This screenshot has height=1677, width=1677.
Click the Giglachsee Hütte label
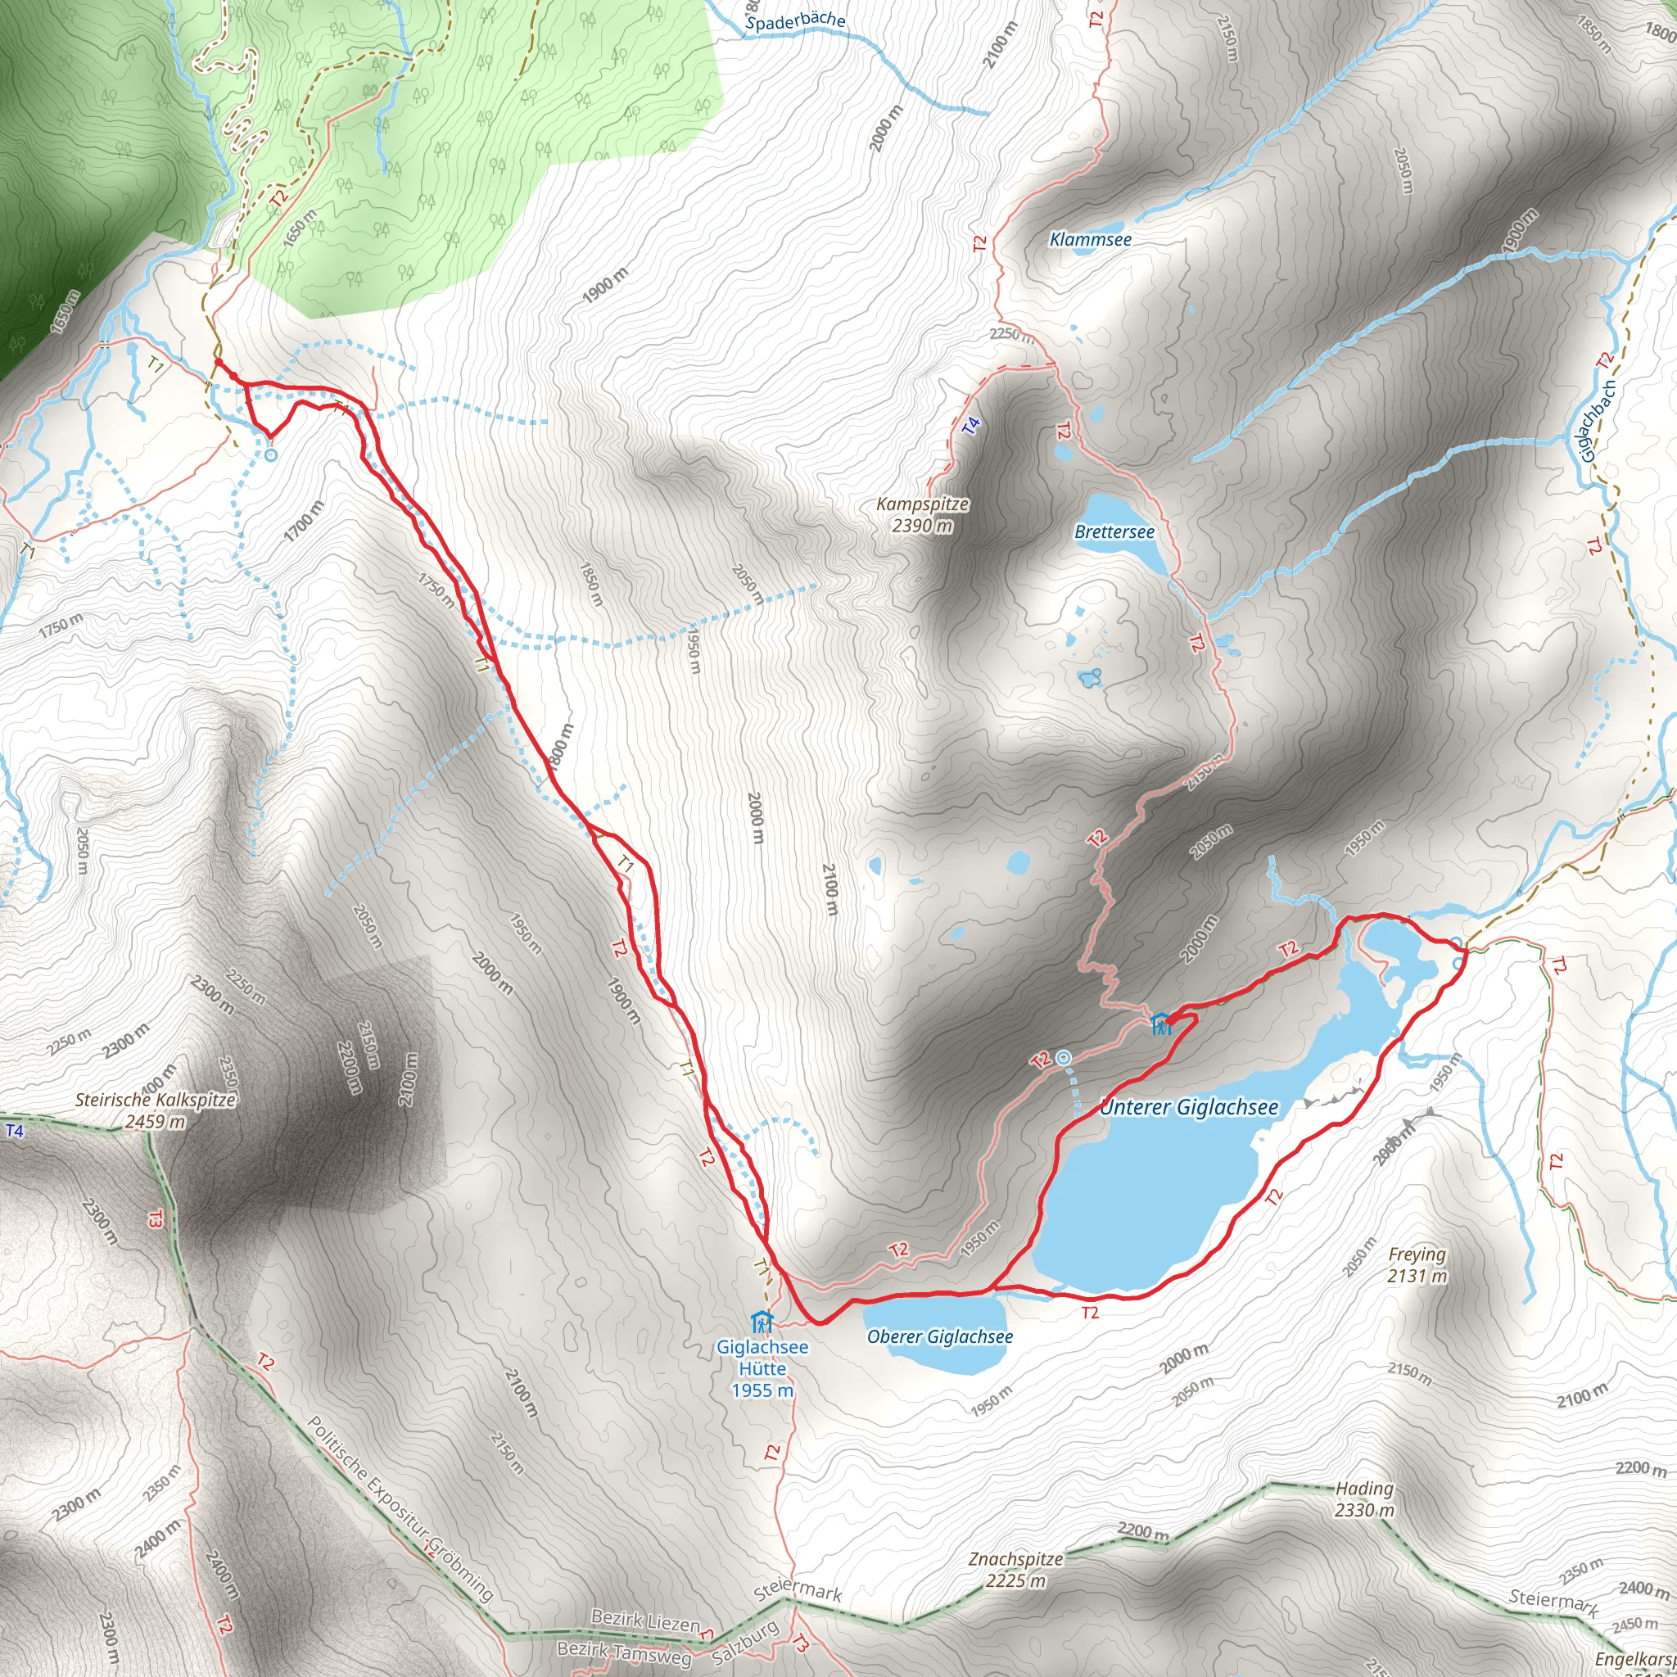[x=762, y=1368]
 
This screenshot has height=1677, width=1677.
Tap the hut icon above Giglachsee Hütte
[x=762, y=1323]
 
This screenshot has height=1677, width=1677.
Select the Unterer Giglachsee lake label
[x=1189, y=1108]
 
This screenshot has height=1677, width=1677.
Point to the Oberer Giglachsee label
[x=940, y=1336]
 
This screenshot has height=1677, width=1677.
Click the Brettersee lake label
[x=1114, y=531]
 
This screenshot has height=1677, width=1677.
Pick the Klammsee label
[x=1090, y=240]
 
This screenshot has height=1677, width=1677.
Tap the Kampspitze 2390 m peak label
[x=922, y=514]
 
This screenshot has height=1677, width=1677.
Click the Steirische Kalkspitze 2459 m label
[x=156, y=1110]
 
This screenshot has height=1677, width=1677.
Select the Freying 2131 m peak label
[x=1417, y=1264]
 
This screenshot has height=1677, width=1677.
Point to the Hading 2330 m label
[x=1364, y=1499]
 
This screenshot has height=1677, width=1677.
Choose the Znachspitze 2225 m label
[x=1015, y=1570]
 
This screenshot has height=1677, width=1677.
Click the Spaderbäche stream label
[x=795, y=20]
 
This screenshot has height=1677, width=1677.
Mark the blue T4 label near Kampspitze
[x=971, y=425]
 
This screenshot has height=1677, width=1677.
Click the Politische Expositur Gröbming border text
[x=400, y=1507]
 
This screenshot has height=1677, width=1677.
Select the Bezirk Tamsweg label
[x=624, y=1653]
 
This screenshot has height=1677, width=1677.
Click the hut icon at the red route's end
[x=1160, y=1024]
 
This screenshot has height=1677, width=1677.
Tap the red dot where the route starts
[x=219, y=363]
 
